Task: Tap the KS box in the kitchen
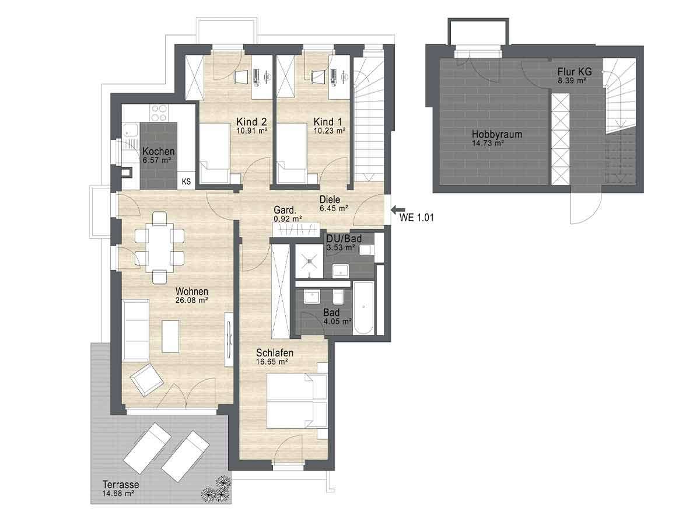tap(187, 181)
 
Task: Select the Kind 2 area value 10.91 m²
tap(251, 131)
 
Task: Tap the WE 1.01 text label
tap(416, 218)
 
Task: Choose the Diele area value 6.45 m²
tap(334, 207)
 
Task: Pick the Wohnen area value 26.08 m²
tap(191, 300)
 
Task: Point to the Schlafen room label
tap(274, 353)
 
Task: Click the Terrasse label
tap(121, 485)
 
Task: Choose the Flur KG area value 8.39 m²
tap(572, 81)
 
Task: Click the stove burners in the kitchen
tap(159, 110)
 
